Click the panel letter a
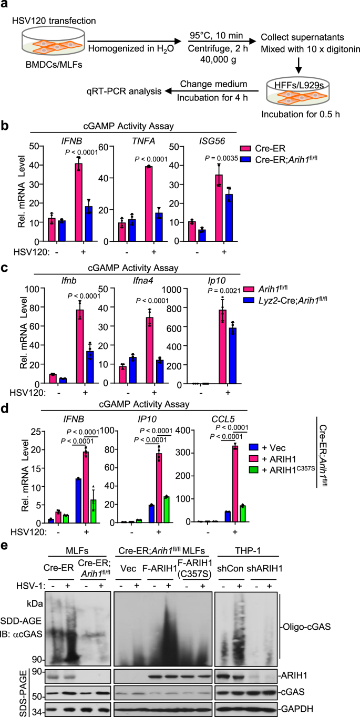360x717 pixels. click(x=6, y=6)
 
